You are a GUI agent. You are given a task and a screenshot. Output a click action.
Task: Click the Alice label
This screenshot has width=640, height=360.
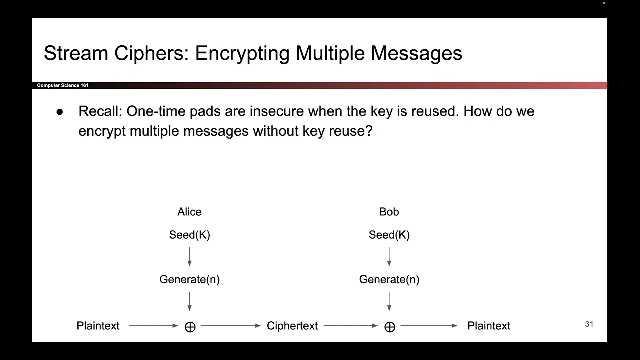click(189, 212)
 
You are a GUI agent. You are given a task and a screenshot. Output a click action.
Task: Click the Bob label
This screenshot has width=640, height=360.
click(389, 212)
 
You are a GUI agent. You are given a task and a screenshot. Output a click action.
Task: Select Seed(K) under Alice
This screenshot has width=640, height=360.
click(189, 235)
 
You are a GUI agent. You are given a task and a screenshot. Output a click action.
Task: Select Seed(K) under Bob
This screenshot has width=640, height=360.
click(389, 235)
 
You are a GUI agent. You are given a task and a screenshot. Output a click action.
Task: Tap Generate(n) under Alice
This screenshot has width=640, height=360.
click(189, 279)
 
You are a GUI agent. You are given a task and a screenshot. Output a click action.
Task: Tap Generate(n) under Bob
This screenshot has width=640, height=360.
click(389, 279)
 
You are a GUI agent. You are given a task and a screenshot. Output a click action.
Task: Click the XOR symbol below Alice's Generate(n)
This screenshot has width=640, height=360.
click(190, 327)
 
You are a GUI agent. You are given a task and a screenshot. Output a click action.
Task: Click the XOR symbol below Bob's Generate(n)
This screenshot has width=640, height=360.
click(390, 327)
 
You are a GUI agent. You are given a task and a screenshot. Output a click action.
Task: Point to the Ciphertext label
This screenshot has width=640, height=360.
click(292, 326)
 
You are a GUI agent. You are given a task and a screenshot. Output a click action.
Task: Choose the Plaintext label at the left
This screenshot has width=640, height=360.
click(98, 326)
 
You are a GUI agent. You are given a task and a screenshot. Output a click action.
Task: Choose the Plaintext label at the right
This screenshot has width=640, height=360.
click(489, 326)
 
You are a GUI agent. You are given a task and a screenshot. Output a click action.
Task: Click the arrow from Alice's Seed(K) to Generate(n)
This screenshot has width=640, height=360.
click(189, 256)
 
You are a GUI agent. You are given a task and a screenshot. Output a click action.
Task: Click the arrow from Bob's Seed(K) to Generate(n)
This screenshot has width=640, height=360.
click(389, 256)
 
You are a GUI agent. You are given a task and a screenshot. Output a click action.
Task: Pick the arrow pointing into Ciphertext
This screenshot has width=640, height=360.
click(230, 326)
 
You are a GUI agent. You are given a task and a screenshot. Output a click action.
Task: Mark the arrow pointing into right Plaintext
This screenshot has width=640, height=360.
click(429, 326)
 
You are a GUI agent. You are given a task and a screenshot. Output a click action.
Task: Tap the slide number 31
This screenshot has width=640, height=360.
click(589, 324)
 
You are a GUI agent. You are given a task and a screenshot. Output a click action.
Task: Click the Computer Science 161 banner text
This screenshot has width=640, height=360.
click(63, 85)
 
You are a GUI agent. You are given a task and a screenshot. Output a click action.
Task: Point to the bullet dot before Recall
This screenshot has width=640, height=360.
click(60, 112)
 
